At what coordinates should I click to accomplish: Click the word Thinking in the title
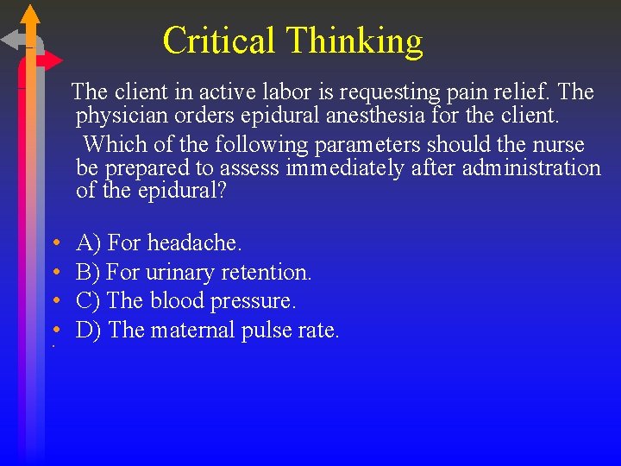(354, 41)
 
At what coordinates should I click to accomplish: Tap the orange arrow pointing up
(30, 15)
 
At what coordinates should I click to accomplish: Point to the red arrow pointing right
(52, 60)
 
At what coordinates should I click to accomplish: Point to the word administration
(531, 167)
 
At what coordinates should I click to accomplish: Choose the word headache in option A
(195, 243)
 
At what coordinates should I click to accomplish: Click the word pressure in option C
(257, 301)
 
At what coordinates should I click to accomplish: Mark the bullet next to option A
(53, 244)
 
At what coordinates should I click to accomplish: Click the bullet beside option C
(53, 302)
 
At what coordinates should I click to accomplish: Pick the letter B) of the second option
(90, 273)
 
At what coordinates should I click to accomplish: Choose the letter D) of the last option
(90, 330)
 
